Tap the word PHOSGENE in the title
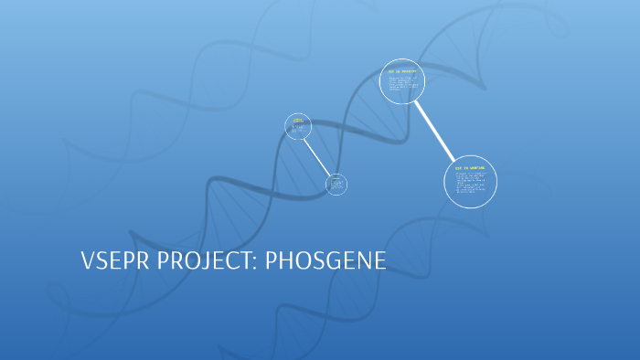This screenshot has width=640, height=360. [326, 260]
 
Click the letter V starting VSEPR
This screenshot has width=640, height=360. [88, 260]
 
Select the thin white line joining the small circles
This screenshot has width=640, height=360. [317, 156]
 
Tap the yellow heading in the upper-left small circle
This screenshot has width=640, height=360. [297, 120]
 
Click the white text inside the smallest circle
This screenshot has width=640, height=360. [336, 185]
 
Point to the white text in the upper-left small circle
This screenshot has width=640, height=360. [296, 127]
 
